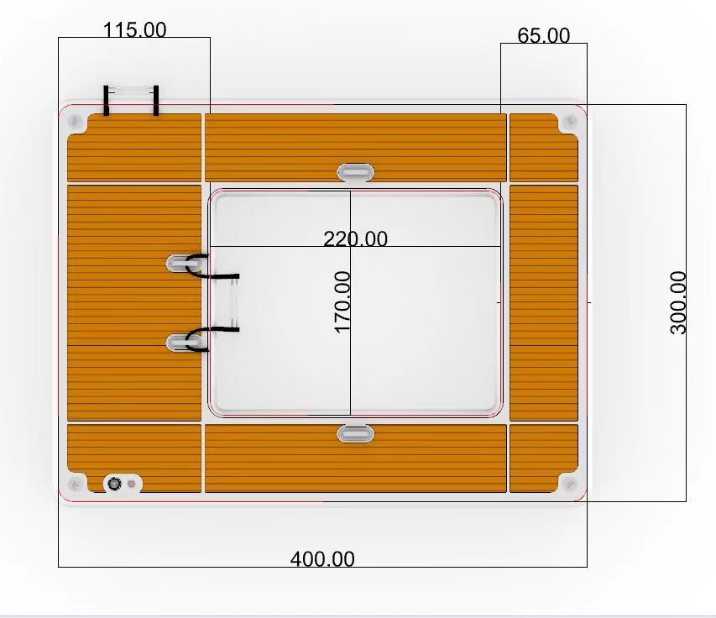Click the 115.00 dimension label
(134, 30)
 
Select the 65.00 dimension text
(543, 35)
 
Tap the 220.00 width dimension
(355, 238)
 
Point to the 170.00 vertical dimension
(342, 302)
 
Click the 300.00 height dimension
(678, 303)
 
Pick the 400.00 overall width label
(322, 559)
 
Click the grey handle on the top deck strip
(355, 172)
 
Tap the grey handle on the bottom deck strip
(355, 433)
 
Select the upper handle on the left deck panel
(184, 263)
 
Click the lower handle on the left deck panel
(184, 343)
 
